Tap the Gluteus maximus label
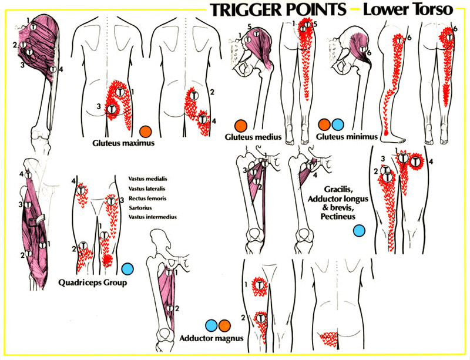[119, 142]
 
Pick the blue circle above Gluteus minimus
[337, 125]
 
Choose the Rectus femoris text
[146, 198]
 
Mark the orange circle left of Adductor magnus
[223, 325]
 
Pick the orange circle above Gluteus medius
[239, 125]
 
